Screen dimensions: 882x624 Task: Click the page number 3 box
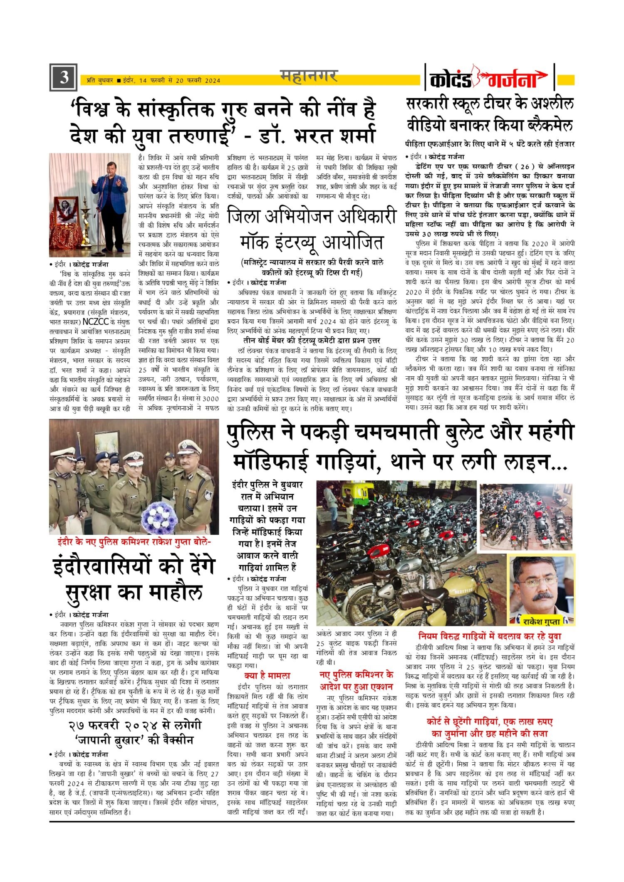point(63,77)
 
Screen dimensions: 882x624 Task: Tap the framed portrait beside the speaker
point(66,212)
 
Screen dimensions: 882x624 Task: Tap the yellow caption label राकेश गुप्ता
point(542,621)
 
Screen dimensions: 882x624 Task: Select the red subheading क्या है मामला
point(267,676)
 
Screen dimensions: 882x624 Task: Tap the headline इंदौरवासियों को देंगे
point(134,567)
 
